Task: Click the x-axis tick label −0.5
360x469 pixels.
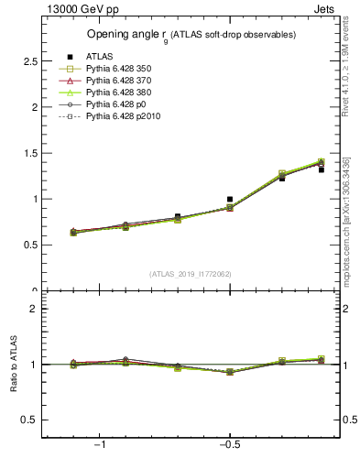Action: point(228,445)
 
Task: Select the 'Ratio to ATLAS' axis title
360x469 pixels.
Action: point(13,365)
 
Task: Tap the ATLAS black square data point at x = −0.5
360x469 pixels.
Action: point(230,199)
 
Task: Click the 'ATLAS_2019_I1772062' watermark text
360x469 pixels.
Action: point(191,274)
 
